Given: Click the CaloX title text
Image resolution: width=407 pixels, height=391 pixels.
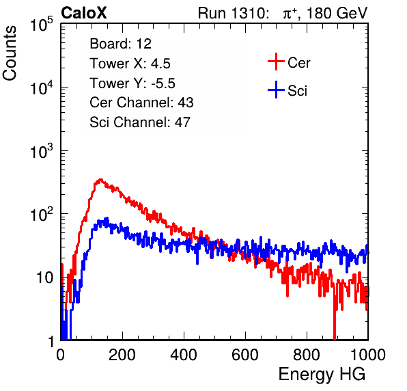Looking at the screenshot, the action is coord(83,13).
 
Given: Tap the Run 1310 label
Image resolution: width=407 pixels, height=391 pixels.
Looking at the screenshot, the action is coord(233,13).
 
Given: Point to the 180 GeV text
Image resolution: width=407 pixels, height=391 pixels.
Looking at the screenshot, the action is coord(337,13).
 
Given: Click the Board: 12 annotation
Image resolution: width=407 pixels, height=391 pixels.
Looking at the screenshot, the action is coord(120,44).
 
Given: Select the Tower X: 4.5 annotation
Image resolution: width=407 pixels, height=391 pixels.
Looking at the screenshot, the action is coord(130,64).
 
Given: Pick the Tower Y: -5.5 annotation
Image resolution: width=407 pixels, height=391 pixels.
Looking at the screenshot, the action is coord(132,83).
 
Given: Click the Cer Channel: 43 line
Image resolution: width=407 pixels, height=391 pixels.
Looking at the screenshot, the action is coord(141,103).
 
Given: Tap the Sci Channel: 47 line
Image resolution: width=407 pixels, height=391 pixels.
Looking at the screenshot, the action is coord(140,122).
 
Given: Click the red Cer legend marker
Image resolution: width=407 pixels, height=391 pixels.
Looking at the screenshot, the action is coord(276,62).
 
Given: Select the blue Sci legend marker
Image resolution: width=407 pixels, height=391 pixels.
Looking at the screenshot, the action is coord(276,90).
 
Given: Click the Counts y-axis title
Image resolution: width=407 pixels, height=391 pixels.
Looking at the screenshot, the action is coord(10,53).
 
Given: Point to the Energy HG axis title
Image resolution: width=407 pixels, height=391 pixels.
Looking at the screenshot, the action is coord(322,375).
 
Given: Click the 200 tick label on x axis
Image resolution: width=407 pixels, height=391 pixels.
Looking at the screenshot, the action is coord(122,355).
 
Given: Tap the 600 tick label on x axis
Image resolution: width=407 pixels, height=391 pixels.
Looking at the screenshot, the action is coord(245,355).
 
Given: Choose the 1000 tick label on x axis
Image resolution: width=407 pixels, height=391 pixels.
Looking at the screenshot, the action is coord(368,355).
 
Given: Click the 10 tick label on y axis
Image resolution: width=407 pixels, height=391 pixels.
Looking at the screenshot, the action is coord(45,278).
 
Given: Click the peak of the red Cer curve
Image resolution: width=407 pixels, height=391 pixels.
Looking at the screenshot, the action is coord(100,180).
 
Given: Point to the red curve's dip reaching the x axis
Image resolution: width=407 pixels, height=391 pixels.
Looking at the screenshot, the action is coord(335,338).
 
